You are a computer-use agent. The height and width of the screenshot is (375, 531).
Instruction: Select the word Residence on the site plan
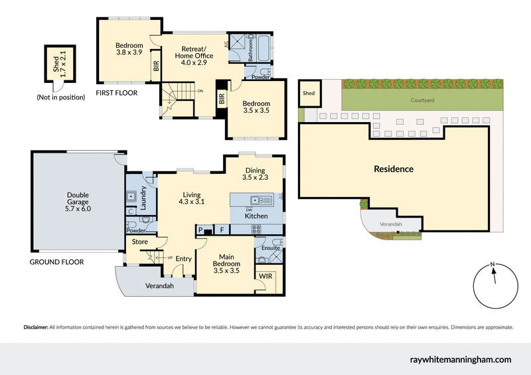coord(393,169)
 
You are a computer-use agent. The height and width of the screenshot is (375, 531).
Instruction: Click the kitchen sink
coord(257,200)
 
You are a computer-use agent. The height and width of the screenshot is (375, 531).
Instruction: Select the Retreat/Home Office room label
coord(194,52)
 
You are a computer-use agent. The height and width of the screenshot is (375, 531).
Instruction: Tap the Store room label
coord(139,242)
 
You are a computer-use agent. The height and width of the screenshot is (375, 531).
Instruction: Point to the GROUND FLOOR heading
coord(56,262)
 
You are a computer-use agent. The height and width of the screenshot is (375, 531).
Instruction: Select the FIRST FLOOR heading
coord(117,93)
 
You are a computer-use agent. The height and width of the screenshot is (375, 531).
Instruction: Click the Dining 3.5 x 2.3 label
coord(256,174)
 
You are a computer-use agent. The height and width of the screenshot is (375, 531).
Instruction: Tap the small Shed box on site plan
coord(309,94)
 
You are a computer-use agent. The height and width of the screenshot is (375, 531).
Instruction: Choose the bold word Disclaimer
coord(36,327)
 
